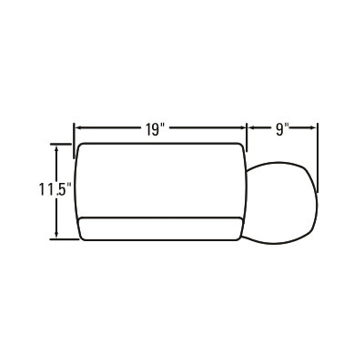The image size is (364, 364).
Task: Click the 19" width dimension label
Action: tap(155, 129)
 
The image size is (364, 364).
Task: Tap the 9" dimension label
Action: tap(282, 129)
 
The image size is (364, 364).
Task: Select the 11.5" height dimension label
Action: tap(55, 189)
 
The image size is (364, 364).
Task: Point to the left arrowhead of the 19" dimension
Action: tap(77, 128)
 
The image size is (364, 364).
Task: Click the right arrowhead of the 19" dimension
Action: tap(243, 128)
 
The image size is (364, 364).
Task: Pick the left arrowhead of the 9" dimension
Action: tap(250, 128)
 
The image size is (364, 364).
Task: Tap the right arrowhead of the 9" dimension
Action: tap(314, 128)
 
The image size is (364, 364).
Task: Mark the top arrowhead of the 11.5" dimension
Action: tap(56, 147)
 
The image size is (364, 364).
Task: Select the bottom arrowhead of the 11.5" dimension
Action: tap(56, 235)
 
